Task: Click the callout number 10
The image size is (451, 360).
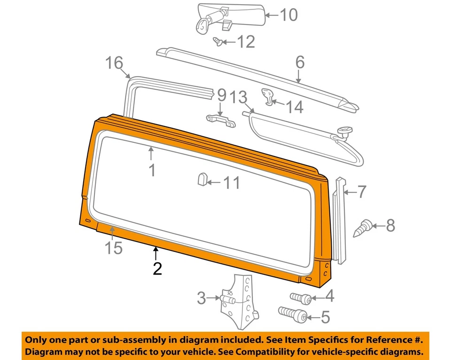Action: point(288,15)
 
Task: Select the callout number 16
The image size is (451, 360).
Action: point(114,63)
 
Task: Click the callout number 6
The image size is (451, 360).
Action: point(300,62)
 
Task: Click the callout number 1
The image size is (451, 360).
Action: point(152,170)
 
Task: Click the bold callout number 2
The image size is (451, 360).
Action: point(156,268)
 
